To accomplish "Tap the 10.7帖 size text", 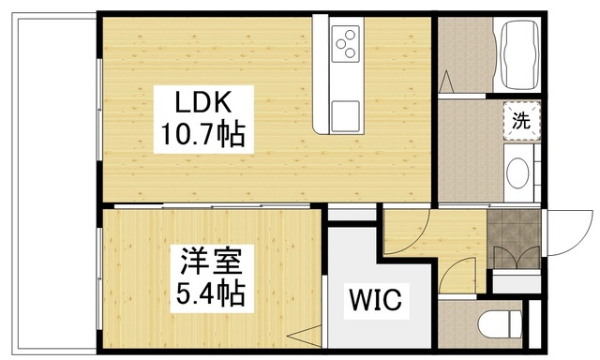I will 199,137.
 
